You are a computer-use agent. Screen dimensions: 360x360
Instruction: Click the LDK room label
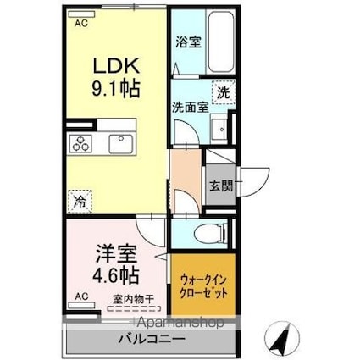coord(115,65)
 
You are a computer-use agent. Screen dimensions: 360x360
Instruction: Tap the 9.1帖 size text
coord(116,87)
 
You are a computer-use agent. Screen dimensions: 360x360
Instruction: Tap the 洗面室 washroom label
coord(188,108)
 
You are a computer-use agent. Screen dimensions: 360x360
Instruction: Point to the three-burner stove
coord(84,144)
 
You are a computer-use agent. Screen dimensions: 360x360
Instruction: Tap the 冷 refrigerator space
coord(79,202)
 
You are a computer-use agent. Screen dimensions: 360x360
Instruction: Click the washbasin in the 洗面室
coord(218,129)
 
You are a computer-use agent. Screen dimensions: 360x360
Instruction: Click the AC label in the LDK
coord(81,25)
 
